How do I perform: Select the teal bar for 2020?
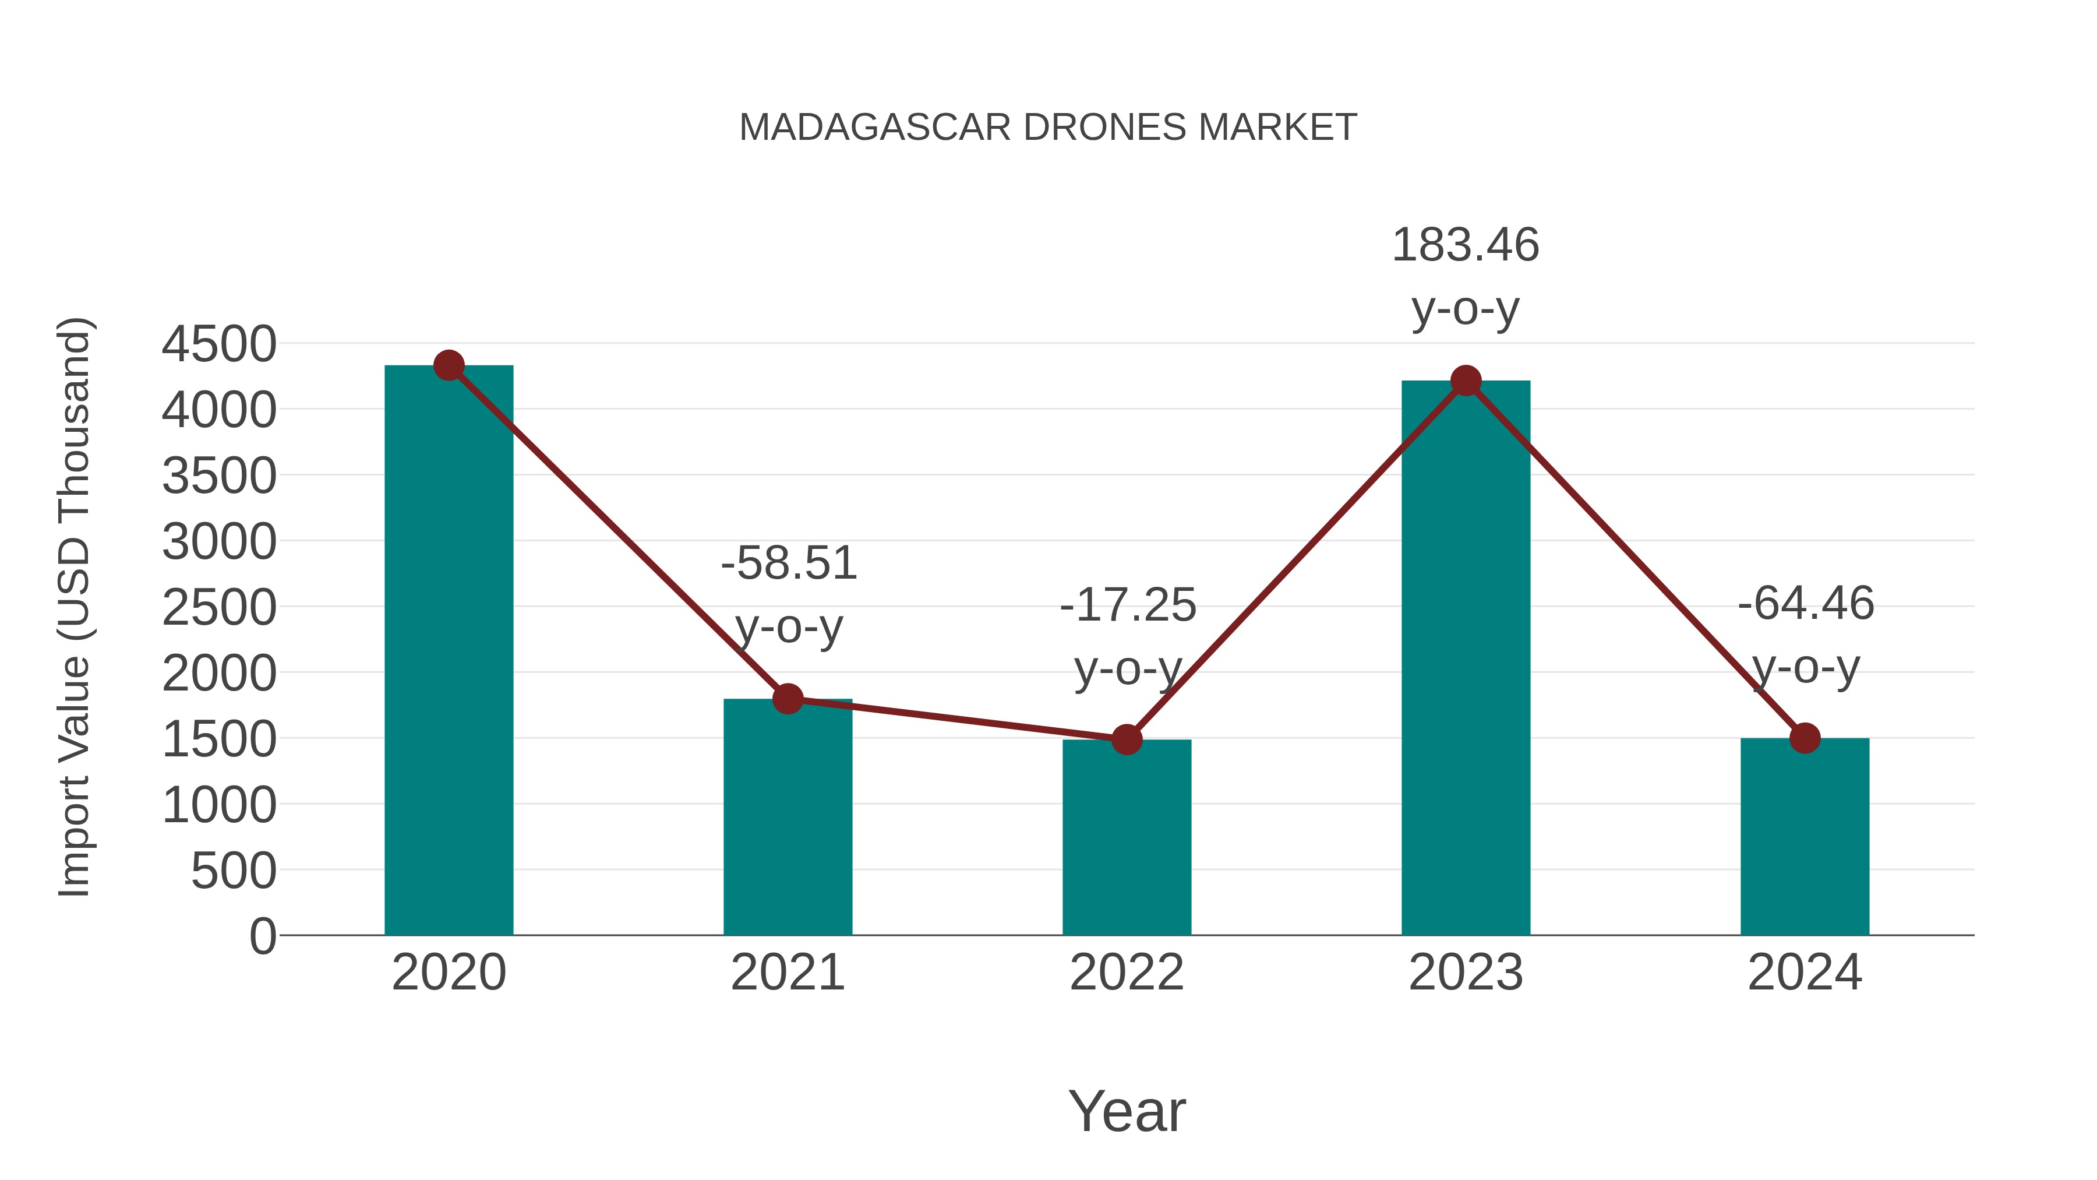pos(449,651)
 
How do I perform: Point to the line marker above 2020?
pos(449,365)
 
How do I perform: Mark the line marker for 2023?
pos(1466,381)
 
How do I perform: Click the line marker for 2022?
pos(1127,739)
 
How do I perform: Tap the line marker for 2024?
pos(1805,738)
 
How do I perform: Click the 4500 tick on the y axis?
pos(219,344)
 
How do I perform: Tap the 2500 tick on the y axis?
pos(219,608)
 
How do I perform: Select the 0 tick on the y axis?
pos(262,936)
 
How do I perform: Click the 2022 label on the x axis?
pos(1127,973)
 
